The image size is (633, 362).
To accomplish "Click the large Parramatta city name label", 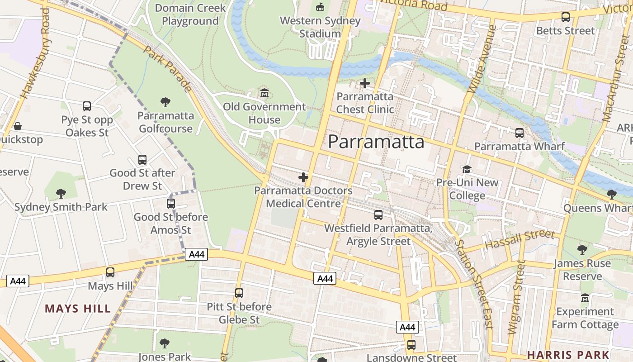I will click(376, 142).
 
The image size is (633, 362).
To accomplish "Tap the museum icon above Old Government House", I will click(265, 94).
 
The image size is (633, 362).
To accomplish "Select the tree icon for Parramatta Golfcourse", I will click(165, 102).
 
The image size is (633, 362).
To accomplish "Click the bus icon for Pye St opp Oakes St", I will click(87, 106).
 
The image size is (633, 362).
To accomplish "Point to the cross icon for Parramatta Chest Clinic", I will click(365, 83).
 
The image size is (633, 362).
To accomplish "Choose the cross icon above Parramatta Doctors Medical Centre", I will click(303, 177).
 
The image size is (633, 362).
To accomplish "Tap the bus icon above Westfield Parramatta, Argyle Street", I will click(378, 215).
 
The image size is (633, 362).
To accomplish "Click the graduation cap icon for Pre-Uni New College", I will click(467, 169).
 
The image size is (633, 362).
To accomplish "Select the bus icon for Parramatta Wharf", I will click(520, 133).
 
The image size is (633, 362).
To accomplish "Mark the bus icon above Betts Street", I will click(566, 17).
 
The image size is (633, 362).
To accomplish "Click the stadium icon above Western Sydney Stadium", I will click(320, 7).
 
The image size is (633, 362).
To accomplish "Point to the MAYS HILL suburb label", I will click(78, 309).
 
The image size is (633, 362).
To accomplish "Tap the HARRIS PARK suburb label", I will click(568, 354).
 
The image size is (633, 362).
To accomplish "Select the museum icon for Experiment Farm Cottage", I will click(585, 299).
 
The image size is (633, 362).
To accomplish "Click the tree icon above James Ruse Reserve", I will click(582, 250).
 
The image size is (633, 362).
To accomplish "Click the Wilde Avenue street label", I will click(482, 59).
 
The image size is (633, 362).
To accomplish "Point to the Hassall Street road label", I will click(520, 239).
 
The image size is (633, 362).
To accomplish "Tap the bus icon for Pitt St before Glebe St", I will click(239, 293).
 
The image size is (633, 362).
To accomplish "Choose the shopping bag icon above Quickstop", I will click(18, 126).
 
